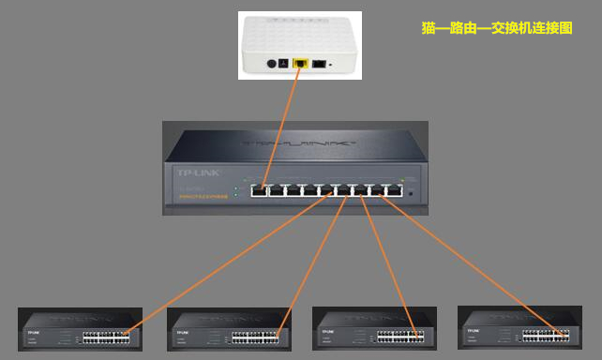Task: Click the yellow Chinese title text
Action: (496, 29)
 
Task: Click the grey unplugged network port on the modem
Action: (319, 64)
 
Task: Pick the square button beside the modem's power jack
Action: (284, 64)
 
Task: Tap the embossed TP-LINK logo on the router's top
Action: (299, 145)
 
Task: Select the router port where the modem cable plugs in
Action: (263, 190)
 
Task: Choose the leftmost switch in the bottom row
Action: (81, 329)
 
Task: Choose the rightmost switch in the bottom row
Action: (519, 329)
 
